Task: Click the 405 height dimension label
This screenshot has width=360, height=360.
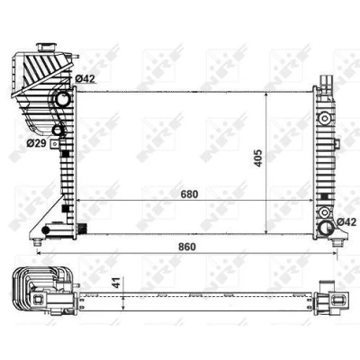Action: (258, 157)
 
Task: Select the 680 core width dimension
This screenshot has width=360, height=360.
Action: (189, 194)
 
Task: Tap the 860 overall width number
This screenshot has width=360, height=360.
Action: (187, 247)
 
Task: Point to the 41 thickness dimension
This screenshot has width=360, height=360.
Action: (117, 283)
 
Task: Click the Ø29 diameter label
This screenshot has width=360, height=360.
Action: (36, 143)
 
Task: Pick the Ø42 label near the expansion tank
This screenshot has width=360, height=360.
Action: (85, 78)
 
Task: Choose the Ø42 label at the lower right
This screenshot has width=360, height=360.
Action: (346, 222)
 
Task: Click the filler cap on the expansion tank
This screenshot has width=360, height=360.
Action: (46, 48)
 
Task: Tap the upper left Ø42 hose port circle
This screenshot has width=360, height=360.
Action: (63, 98)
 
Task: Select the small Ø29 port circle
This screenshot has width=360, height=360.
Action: (58, 130)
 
